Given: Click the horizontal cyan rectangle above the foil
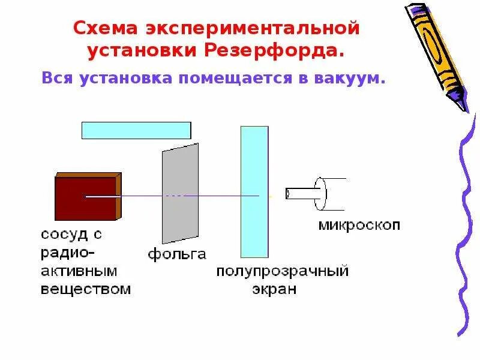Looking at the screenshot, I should pyautogui.click(x=136, y=130).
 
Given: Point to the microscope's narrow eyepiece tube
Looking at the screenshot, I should pyautogui.click(x=300, y=194).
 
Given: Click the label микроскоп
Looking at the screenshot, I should pyautogui.click(x=358, y=226).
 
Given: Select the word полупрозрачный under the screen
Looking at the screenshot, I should pyautogui.click(x=283, y=272).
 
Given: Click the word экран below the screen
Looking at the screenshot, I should pyautogui.click(x=274, y=289).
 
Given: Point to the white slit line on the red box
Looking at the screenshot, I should pyautogui.click(x=102, y=196).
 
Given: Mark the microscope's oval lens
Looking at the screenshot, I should pyautogui.click(x=320, y=194).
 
